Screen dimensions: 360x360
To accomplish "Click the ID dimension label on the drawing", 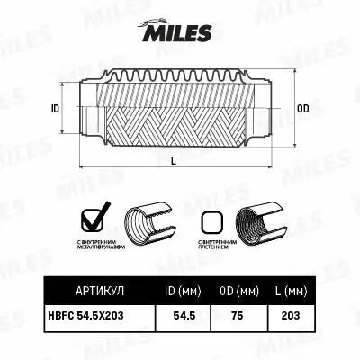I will [x=55, y=108].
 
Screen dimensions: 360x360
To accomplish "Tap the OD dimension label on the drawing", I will [x=302, y=108].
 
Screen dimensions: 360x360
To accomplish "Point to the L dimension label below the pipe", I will [x=173, y=161].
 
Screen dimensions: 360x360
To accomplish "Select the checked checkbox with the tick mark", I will [x=93, y=219].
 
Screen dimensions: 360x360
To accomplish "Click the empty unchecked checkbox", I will [x=212, y=220].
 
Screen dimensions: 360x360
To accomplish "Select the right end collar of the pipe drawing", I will [x=265, y=108].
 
